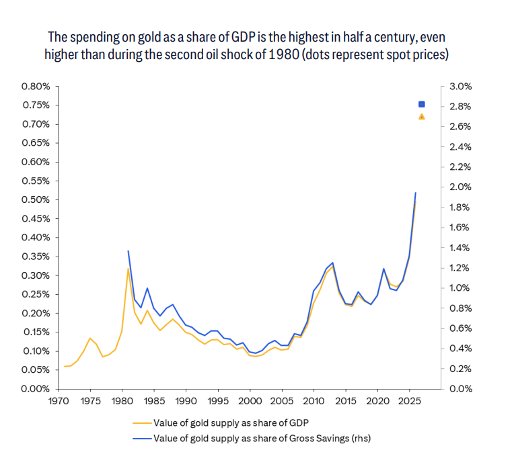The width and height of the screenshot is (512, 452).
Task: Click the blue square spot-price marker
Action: pos(422,104)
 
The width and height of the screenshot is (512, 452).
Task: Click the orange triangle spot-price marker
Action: pos(422,116)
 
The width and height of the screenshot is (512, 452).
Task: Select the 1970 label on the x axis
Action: pos(59,402)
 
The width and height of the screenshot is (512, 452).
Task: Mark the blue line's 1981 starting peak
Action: pos(128,251)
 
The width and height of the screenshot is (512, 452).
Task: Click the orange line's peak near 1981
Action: pos(128,269)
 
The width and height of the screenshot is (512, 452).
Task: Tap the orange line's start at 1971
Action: pos(65,366)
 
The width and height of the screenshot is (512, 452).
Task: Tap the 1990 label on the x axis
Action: pos(186,402)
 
